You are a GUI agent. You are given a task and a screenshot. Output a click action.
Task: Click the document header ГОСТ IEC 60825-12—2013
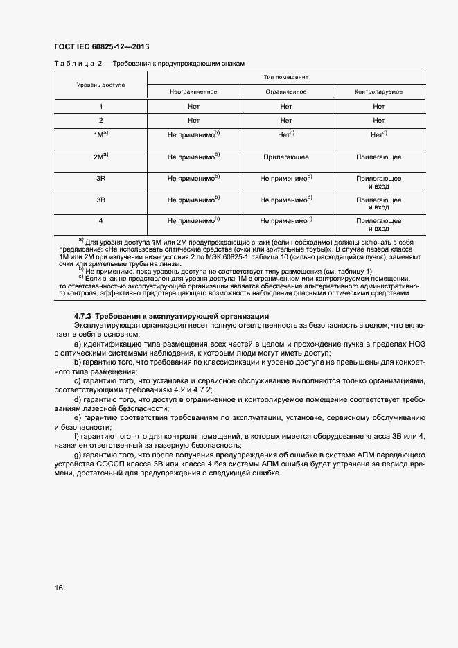[x=101, y=46]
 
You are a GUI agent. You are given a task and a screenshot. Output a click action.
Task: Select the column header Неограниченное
[x=193, y=91]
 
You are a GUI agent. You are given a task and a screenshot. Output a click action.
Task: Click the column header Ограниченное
[x=286, y=91]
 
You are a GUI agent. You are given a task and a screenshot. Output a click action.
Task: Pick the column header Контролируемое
[x=378, y=91]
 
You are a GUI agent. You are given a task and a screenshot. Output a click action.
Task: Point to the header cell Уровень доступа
[x=100, y=85]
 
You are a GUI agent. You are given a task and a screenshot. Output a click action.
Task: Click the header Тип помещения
[x=286, y=78]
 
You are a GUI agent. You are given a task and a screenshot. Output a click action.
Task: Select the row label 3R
[x=100, y=179]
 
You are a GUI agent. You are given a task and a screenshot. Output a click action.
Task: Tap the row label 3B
[x=100, y=200]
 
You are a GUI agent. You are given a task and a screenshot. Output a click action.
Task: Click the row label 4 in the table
[x=100, y=221]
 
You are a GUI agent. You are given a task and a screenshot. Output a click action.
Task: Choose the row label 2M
[x=99, y=157]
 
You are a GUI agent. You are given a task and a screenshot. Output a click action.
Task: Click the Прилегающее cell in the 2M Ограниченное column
[x=286, y=157]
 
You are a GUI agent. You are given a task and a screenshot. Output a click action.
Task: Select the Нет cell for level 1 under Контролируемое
[x=378, y=106]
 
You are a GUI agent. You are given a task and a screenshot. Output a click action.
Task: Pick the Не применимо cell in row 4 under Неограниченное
[x=192, y=221]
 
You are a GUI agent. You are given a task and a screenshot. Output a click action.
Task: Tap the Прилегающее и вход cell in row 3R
[x=378, y=183]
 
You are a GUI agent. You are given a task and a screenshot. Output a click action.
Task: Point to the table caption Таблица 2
[x=74, y=64]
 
